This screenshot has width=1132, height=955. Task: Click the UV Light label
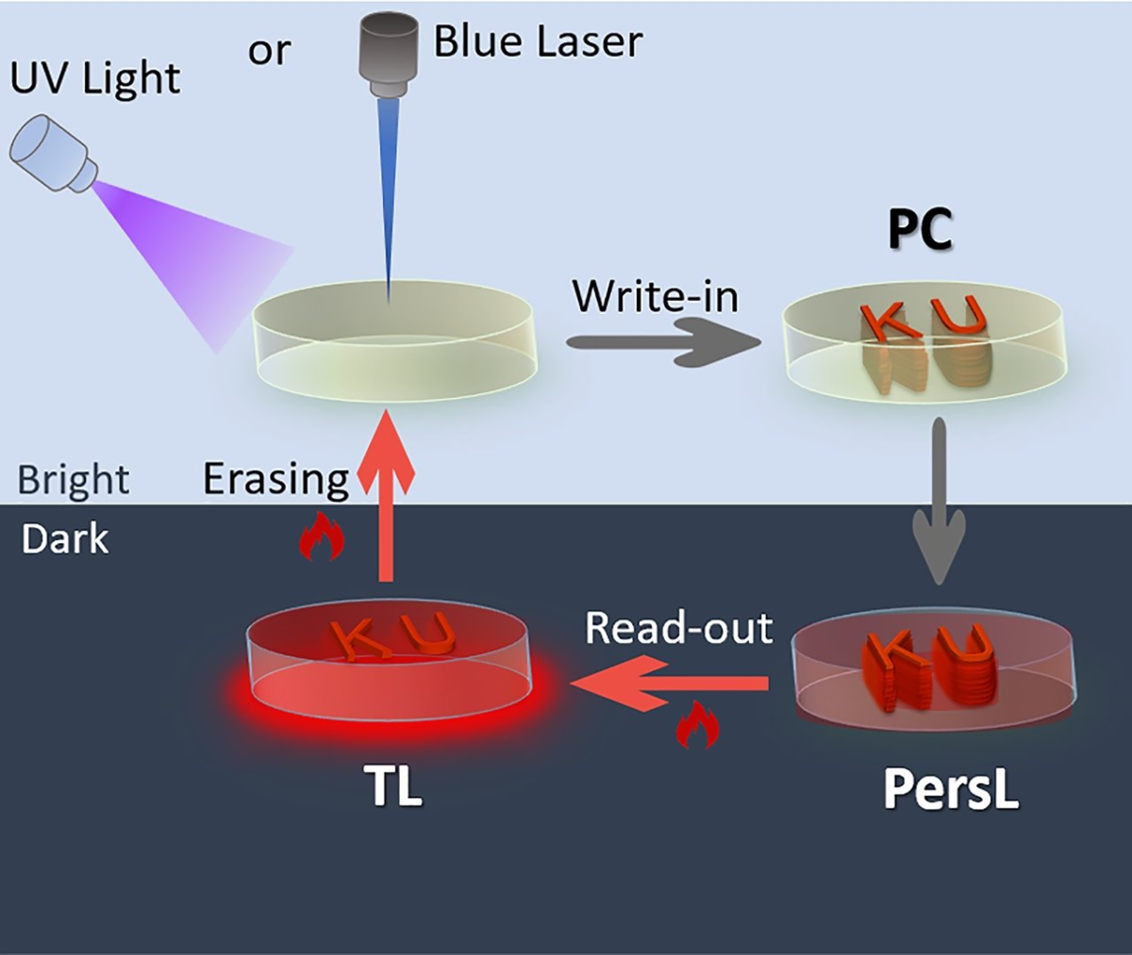pyautogui.click(x=94, y=77)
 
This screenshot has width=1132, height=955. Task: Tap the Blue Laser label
pyautogui.click(x=538, y=41)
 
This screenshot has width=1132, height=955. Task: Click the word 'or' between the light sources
pyautogui.click(x=269, y=50)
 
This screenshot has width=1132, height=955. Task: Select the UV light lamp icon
pyautogui.click(x=54, y=154)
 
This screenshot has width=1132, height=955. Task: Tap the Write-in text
pyautogui.click(x=656, y=296)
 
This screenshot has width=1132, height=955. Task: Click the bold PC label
pyautogui.click(x=921, y=230)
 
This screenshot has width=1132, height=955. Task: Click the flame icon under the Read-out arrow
pyautogui.click(x=697, y=726)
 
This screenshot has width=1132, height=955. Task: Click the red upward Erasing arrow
pyautogui.click(x=385, y=500)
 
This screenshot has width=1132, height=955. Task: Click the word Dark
pyautogui.click(x=65, y=539)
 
